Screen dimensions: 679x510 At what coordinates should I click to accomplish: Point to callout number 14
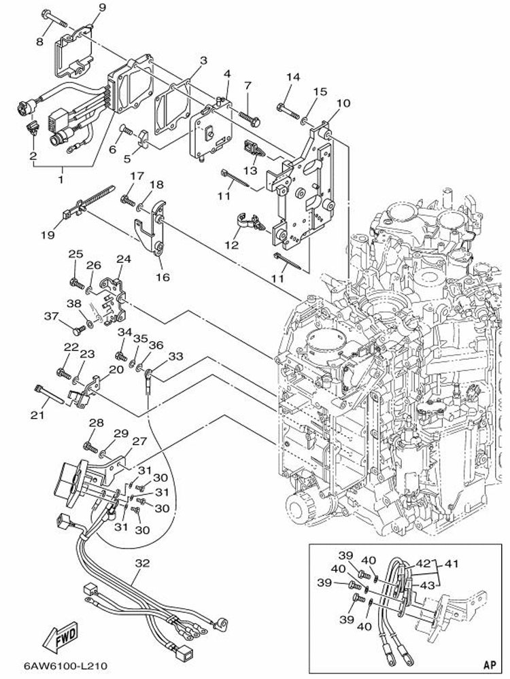292,77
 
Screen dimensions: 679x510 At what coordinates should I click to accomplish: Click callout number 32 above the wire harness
142,563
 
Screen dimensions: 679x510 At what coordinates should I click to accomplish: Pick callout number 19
47,235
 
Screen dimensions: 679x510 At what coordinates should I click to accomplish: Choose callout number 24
123,259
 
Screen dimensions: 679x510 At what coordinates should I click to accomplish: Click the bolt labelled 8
50,15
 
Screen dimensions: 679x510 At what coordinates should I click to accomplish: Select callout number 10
343,103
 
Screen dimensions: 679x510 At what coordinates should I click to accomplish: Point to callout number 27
139,441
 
